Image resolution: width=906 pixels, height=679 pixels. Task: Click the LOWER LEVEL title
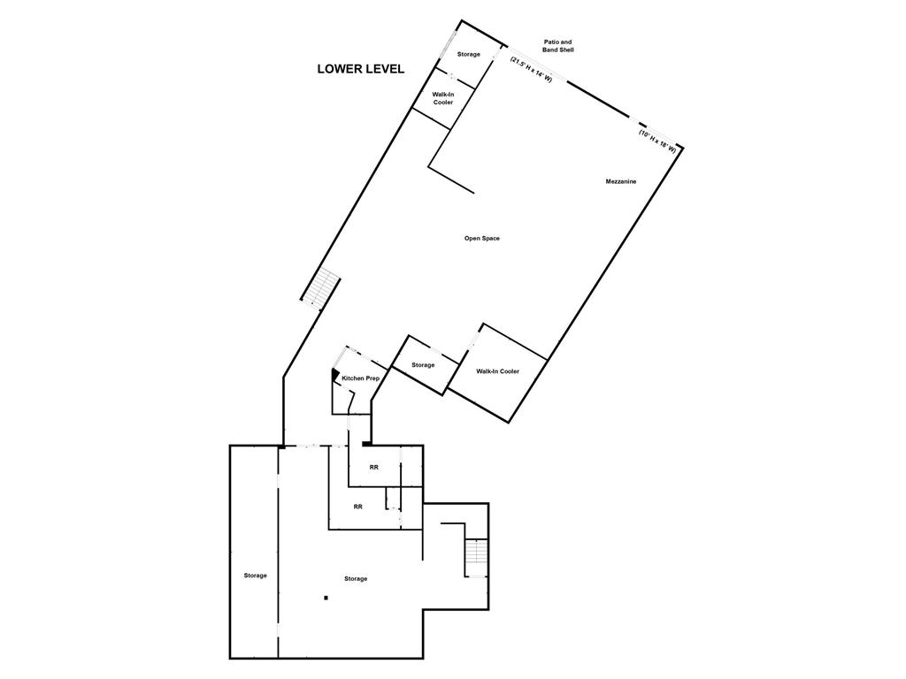point(360,69)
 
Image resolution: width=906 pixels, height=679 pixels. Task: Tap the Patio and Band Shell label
point(558,46)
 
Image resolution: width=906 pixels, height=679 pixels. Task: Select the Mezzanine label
point(621,181)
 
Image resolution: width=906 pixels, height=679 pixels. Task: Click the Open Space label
point(482,238)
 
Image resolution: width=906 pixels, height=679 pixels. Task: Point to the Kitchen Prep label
point(361,378)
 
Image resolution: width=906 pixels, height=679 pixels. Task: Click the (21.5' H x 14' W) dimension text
point(531,70)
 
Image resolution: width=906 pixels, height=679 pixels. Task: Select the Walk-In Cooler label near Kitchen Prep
point(497,371)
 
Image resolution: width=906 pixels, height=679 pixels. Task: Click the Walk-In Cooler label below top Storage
point(442,98)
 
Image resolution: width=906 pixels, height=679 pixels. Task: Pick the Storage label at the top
point(468,55)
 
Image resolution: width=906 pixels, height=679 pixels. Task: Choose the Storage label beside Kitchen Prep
point(423,365)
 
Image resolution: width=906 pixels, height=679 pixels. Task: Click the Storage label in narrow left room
point(255,576)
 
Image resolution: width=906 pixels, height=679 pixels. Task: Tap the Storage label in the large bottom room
point(356,578)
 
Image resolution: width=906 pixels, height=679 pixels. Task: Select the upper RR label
point(374,467)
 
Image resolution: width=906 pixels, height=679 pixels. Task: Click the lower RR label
point(357,507)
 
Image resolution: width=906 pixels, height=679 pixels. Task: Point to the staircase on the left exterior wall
point(320,287)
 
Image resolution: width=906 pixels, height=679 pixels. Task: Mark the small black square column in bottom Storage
point(326,599)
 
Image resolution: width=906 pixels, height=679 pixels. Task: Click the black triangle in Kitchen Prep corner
point(335,375)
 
